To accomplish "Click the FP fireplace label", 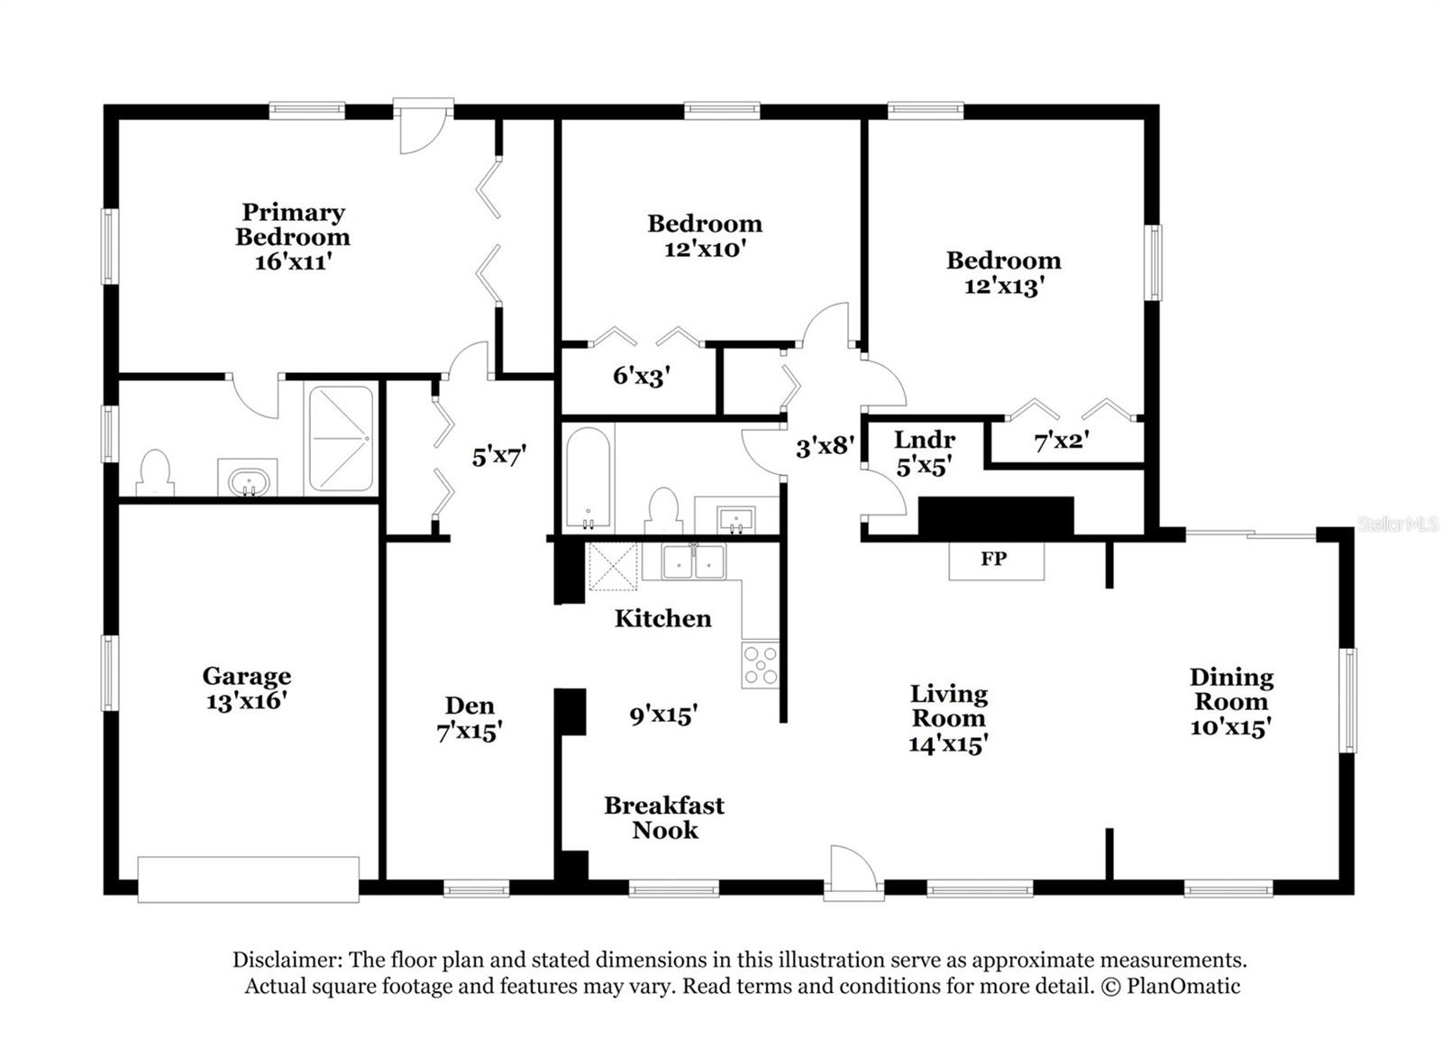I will click(x=994, y=559).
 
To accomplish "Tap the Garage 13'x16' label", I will click(x=246, y=688).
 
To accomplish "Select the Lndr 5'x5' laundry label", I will click(x=925, y=452).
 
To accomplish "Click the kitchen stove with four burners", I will click(x=761, y=665).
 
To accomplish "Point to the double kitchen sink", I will click(x=693, y=561).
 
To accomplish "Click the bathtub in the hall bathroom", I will click(x=588, y=478).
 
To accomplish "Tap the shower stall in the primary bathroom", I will click(x=341, y=439).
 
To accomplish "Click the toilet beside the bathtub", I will click(x=664, y=510).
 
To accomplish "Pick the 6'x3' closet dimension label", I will click(x=641, y=376).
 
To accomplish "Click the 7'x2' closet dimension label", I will click(x=1062, y=442).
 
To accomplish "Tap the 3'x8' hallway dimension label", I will click(x=824, y=445).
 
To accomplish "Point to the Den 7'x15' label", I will click(x=470, y=718).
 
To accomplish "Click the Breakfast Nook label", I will click(x=664, y=817).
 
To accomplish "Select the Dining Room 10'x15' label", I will click(x=1230, y=702).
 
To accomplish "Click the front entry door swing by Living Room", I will click(x=852, y=870).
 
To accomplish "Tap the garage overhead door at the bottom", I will click(x=248, y=879).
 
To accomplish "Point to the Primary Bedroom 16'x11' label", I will click(x=293, y=236).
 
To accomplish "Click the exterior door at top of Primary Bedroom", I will click(x=423, y=126).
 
